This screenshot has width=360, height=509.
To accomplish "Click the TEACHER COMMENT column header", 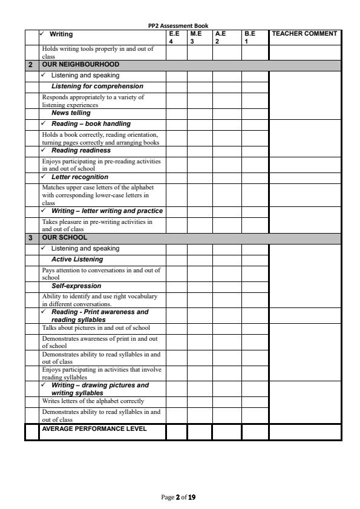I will pos(304,34).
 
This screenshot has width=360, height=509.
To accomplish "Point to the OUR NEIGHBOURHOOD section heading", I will pos(80,64).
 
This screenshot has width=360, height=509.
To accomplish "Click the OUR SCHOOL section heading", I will pos(65,238).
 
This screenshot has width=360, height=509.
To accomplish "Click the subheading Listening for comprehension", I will pos(97,86).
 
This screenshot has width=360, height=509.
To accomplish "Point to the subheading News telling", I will pos(71,113).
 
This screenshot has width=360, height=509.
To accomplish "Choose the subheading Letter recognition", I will pos(79,177).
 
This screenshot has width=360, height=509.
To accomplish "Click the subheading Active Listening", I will pos(77,260).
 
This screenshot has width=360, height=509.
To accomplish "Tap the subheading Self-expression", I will pos(76,286).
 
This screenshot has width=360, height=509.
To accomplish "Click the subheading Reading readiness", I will pos(80,151).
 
